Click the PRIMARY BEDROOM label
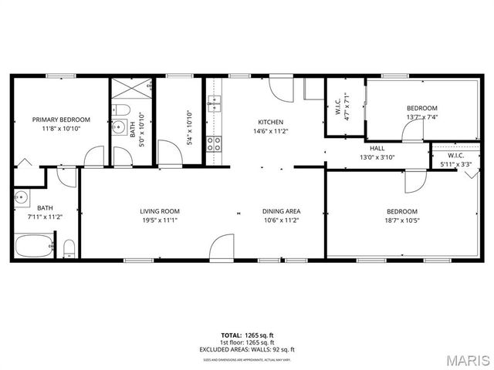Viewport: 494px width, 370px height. point(61,119)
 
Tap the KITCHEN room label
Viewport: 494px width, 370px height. point(270,122)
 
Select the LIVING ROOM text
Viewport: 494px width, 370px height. point(160,211)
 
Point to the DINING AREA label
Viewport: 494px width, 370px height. point(281,211)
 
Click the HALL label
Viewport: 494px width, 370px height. point(377,148)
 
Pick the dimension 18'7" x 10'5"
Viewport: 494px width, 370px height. point(401,220)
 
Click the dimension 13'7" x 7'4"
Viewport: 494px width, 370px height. point(421,117)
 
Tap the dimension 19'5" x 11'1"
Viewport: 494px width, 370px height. point(160,220)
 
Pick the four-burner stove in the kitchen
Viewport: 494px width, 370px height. point(214,142)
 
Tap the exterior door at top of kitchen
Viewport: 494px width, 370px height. point(282,88)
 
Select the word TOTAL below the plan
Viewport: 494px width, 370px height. point(231,335)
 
